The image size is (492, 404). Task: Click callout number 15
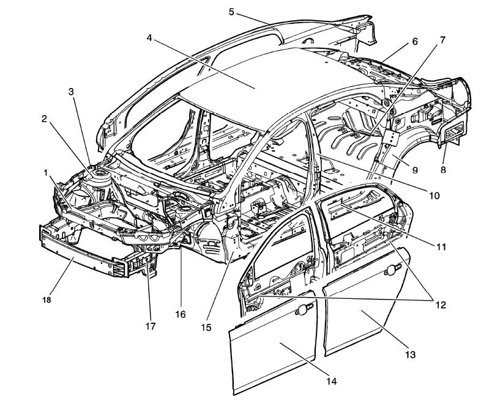click(x=206, y=327)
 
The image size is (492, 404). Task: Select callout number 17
click(x=151, y=326)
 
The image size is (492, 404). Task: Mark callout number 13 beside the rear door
click(x=410, y=354)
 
